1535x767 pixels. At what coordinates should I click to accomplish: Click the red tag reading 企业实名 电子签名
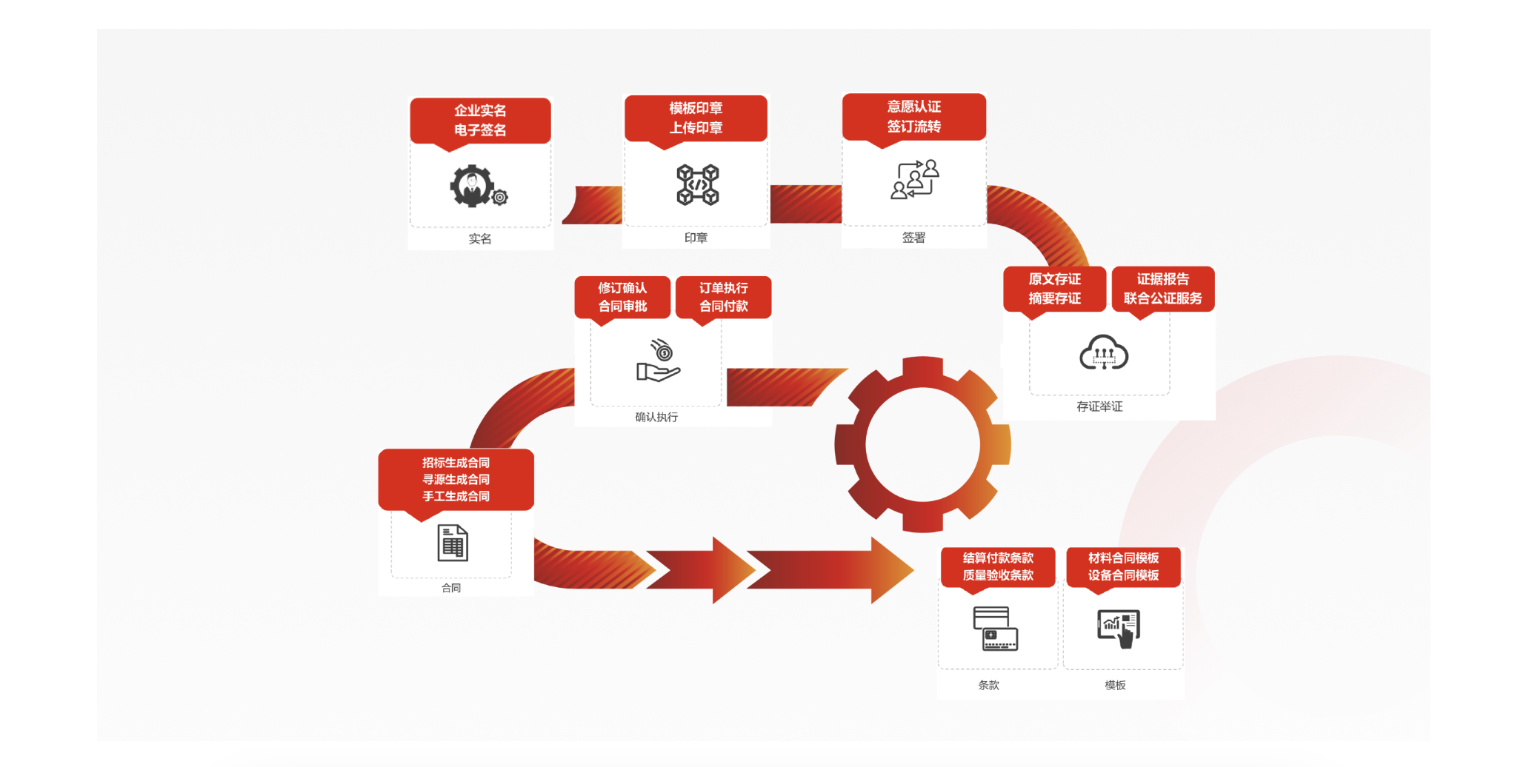[x=480, y=120]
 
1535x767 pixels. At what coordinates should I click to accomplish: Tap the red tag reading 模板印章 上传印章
[x=696, y=118]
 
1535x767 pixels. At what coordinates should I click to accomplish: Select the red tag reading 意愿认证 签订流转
[x=914, y=116]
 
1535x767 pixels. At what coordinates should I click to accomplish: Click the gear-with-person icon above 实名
[x=476, y=187]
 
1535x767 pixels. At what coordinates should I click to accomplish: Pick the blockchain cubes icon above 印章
[x=697, y=184]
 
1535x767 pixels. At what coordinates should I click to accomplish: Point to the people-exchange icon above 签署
[x=914, y=179]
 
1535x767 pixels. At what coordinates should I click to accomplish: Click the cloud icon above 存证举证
[x=1103, y=352]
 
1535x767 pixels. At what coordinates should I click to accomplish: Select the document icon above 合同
[x=453, y=543]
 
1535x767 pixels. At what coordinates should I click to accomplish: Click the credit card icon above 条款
[x=995, y=629]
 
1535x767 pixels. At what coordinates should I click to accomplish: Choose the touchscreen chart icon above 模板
[x=1119, y=629]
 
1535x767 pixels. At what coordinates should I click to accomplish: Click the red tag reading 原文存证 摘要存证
[x=1054, y=289]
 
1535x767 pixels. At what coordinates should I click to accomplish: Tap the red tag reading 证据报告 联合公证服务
[x=1162, y=289]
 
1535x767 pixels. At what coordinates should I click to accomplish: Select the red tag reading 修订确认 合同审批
[x=622, y=297]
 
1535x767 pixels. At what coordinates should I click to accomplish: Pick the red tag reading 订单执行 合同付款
[x=723, y=297]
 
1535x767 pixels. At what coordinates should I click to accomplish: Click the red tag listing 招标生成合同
[x=456, y=479]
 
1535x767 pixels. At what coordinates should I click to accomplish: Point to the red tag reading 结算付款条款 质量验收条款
[x=998, y=566]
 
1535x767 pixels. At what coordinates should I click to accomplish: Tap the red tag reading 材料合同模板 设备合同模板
[x=1123, y=566]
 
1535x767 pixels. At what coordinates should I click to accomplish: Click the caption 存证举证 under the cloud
[x=1099, y=406]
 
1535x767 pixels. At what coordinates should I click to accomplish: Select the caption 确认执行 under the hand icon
[x=656, y=417]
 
